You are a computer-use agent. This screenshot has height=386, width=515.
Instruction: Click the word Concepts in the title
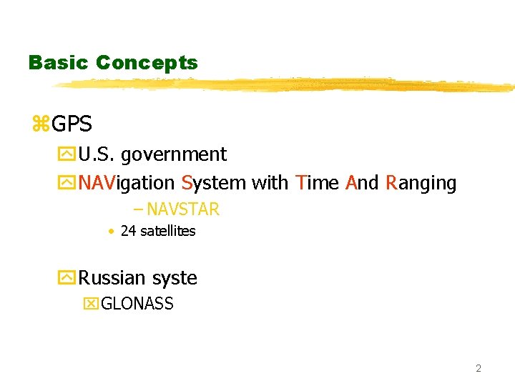click(147, 63)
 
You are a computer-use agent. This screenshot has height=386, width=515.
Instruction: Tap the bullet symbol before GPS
click(40, 124)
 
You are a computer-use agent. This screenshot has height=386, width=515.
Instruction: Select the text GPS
click(72, 124)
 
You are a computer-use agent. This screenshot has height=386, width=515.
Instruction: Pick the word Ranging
click(421, 184)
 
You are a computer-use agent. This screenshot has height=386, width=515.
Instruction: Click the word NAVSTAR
click(183, 209)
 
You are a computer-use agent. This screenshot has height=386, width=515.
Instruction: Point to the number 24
click(128, 231)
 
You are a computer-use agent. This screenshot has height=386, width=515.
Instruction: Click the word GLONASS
click(137, 304)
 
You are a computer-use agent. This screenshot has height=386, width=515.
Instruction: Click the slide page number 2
click(479, 368)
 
